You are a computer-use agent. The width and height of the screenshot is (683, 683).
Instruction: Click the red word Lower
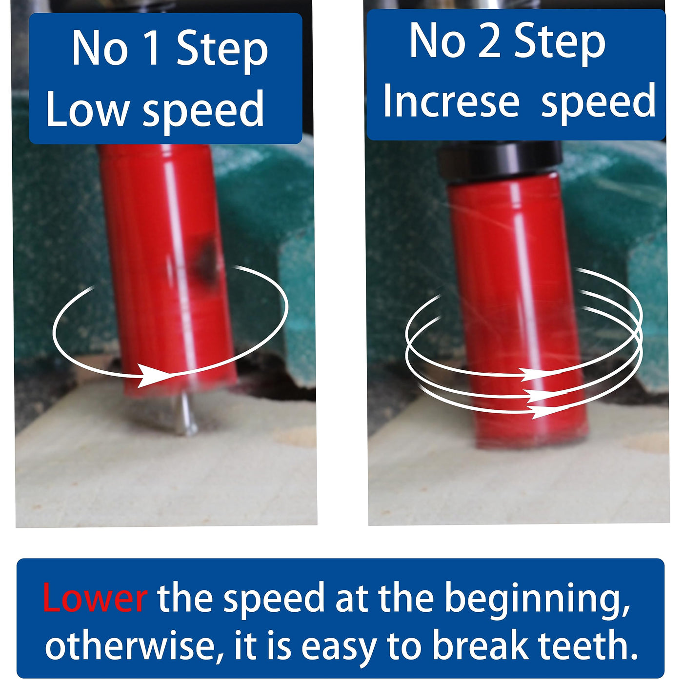click(x=95, y=596)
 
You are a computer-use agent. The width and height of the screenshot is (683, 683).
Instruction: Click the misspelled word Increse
click(x=451, y=100)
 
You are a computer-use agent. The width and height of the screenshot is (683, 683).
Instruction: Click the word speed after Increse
click(x=598, y=103)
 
